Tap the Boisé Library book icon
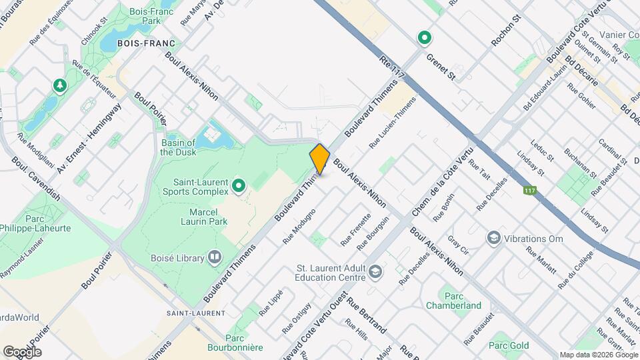pos(215,256)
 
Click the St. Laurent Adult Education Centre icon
pos(375,271)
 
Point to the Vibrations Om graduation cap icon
pos(493,238)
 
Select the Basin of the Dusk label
pos(178,147)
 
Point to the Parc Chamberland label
pos(453,299)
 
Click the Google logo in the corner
pos(22,351)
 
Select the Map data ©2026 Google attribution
pos(598,355)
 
